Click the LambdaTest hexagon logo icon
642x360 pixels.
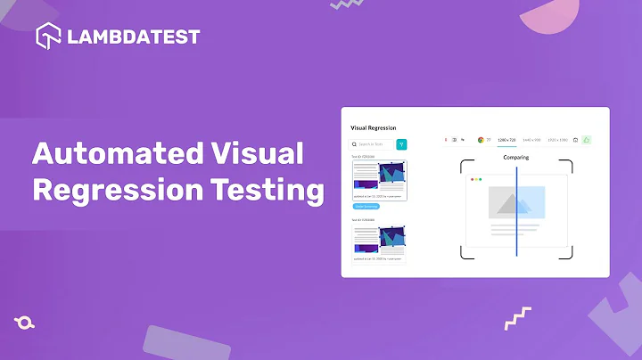[48, 37]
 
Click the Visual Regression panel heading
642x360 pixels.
[374, 128]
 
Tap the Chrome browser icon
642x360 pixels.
[481, 140]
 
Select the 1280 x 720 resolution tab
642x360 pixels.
[506, 140]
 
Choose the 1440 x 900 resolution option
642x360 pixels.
[532, 140]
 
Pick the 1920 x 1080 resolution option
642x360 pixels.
[558, 140]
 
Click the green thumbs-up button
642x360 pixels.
[587, 140]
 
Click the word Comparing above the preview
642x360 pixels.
[515, 158]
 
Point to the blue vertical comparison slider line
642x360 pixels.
[516, 210]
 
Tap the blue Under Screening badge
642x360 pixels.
[366, 206]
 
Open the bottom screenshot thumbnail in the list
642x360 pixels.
[379, 242]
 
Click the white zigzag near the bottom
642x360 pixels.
[518, 317]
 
